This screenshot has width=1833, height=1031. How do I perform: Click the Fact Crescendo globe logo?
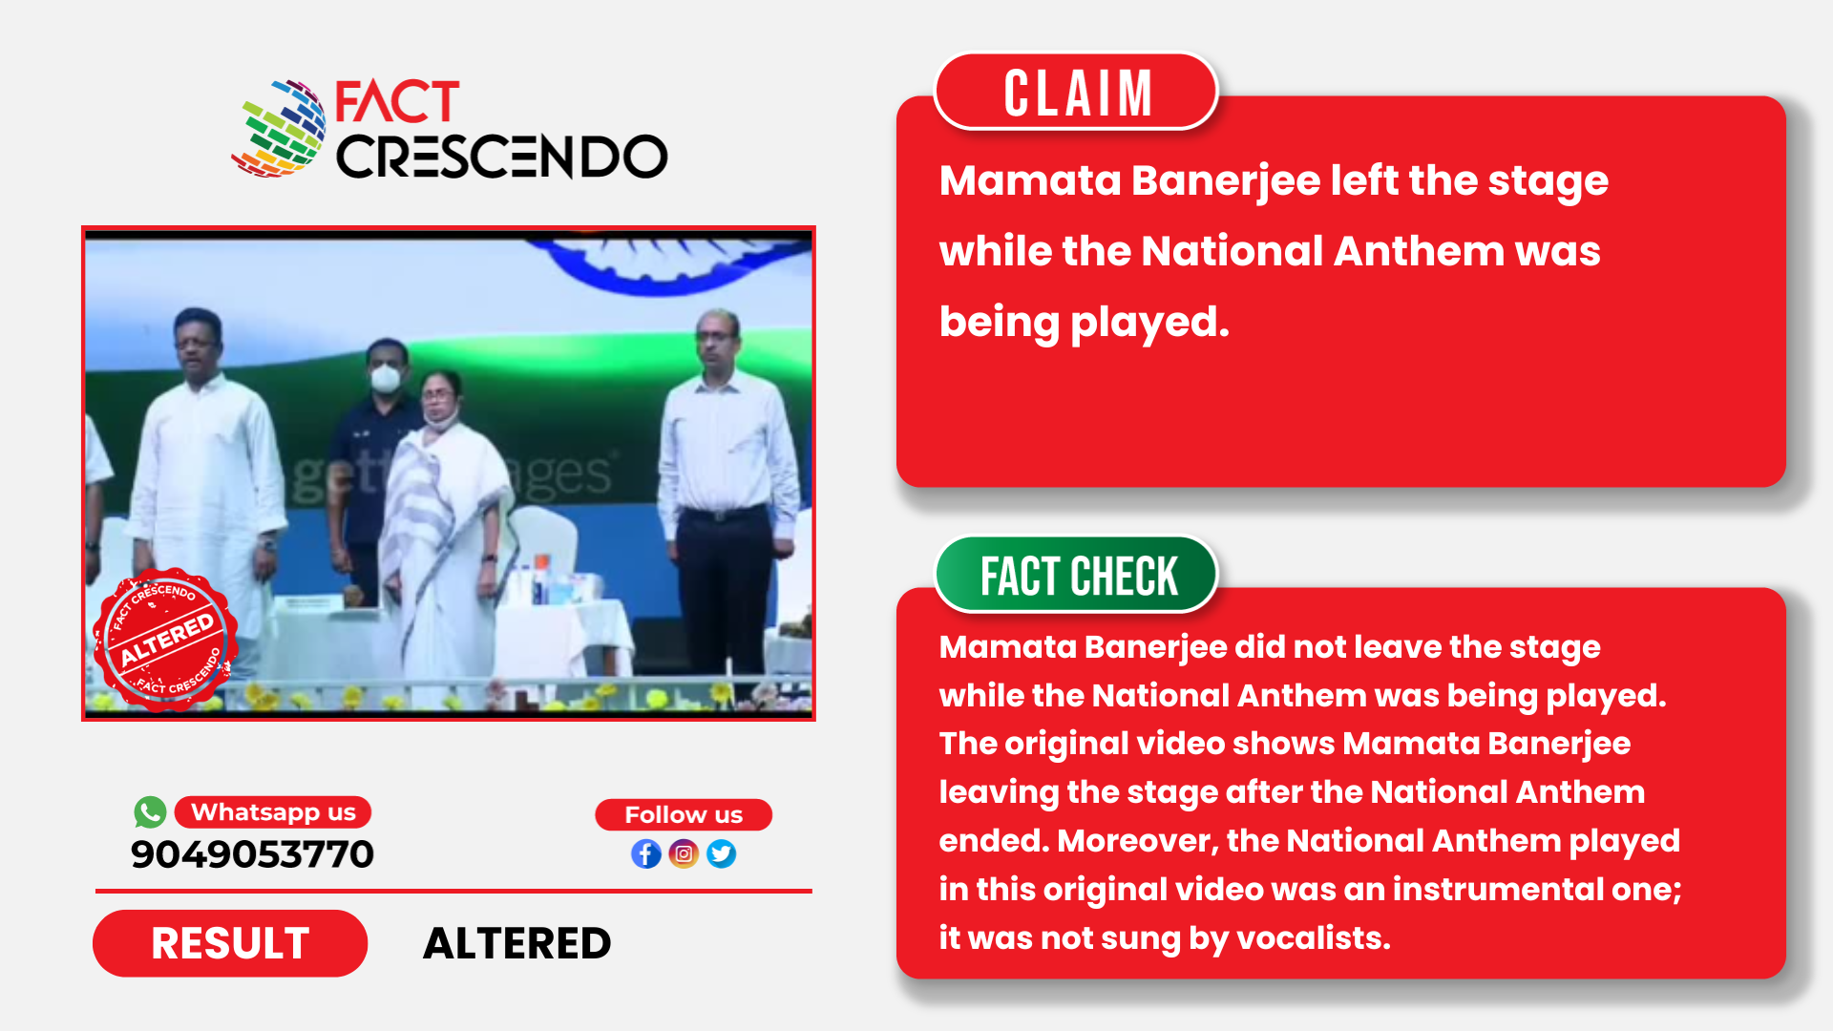coord(279,129)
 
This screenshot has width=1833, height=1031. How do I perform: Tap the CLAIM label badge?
coord(1076,92)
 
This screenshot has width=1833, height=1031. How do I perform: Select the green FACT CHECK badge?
coord(1076,576)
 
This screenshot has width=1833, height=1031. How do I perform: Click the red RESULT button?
coord(230,943)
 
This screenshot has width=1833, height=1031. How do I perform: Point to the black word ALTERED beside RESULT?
coord(516,943)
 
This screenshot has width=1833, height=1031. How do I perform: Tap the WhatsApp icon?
coord(150,812)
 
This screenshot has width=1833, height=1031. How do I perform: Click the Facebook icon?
coord(646,853)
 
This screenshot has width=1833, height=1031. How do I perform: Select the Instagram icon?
coord(684,853)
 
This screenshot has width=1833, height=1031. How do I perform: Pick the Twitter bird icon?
coord(722,853)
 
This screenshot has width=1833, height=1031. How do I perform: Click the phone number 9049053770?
coord(252,854)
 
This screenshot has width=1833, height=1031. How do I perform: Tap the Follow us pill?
coord(684,814)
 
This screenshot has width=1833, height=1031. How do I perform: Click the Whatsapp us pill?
coord(273,812)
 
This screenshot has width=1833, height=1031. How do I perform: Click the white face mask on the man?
coord(385,378)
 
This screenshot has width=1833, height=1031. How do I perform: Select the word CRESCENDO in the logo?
coord(501,157)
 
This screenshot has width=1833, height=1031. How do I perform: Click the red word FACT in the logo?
coord(397,101)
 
